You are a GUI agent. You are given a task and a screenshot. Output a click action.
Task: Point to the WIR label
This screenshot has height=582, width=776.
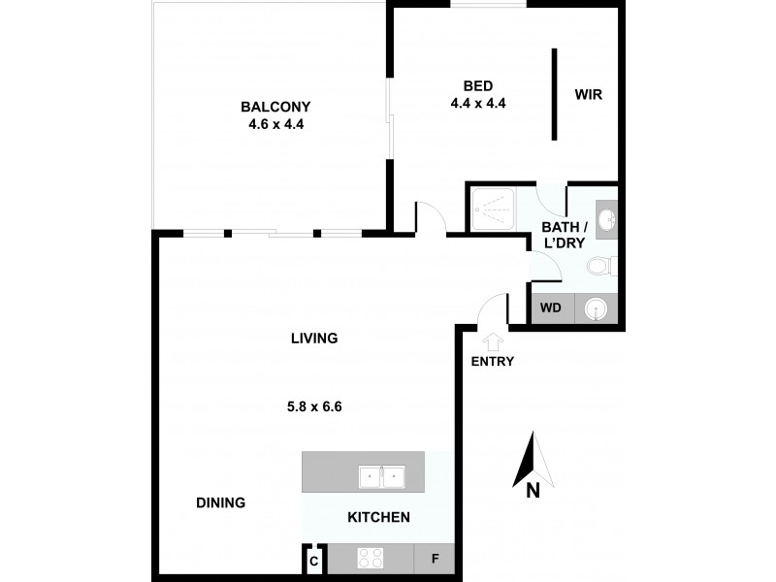589,94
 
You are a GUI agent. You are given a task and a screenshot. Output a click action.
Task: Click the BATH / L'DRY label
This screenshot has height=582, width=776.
564,236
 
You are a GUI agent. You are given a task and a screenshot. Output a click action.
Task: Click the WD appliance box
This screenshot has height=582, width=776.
551,309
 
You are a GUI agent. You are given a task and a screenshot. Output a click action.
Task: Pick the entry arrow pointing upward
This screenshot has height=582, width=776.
493,340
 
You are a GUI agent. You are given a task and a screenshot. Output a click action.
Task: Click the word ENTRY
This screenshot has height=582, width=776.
493,362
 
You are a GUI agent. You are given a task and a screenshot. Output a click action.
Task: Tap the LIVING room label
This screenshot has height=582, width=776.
314,339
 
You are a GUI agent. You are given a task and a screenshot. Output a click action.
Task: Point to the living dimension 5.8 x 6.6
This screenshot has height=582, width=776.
314,407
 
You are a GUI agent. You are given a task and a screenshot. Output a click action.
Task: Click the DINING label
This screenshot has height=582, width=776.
220,502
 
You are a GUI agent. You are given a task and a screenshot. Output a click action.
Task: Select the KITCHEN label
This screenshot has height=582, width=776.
378,517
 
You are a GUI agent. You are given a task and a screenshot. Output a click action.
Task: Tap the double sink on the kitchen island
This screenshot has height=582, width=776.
381,476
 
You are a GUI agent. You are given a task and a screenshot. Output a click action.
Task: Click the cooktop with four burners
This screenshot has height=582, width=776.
371,559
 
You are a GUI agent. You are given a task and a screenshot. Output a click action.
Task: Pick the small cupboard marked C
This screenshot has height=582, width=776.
313,560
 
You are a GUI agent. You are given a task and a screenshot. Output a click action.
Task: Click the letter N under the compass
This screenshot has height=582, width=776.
532,492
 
